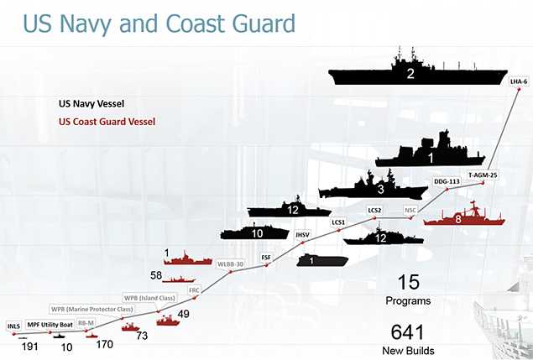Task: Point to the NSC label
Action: pyautogui.click(x=410, y=210)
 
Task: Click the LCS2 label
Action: pyautogui.click(x=375, y=209)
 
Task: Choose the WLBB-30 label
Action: pyautogui.click(x=231, y=263)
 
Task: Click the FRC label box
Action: pyautogui.click(x=194, y=290)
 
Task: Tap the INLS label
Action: pyautogui.click(x=13, y=325)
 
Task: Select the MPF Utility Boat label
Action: pyautogui.click(x=50, y=324)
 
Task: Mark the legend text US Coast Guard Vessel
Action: pyautogui.click(x=107, y=122)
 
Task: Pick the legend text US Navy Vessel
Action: pyautogui.click(x=91, y=104)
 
